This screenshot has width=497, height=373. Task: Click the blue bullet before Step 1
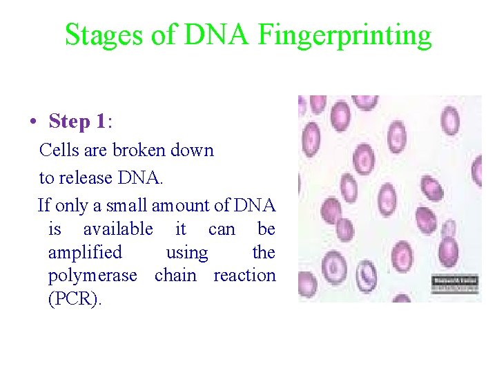[x=32, y=122]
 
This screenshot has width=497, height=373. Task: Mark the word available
[x=118, y=229]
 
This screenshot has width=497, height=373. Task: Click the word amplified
[x=84, y=253]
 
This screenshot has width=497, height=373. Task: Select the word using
[x=186, y=253]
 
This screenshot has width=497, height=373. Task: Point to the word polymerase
[x=92, y=276]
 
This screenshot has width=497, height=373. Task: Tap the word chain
[x=175, y=276]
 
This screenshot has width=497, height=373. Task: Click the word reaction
[x=244, y=276]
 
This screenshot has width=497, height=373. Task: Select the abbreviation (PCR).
[x=74, y=299]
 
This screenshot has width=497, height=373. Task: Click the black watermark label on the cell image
[x=455, y=283]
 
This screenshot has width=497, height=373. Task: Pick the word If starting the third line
[x=44, y=205]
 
